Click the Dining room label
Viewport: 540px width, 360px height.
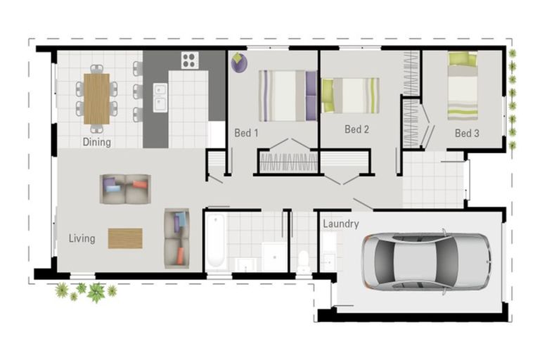[x=96, y=142]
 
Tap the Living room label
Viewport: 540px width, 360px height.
[x=82, y=238]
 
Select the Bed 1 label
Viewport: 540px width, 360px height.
[x=246, y=132]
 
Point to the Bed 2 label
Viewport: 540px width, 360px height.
[x=356, y=129]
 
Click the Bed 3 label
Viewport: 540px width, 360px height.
[x=466, y=132]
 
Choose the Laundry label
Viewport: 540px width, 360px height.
[x=341, y=224]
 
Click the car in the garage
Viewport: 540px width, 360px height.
[x=425, y=262]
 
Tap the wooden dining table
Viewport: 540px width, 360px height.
[x=96, y=98]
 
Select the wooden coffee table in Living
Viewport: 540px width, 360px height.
[x=125, y=238]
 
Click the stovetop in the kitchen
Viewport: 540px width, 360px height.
[x=190, y=60]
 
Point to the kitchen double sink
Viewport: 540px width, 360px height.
[x=160, y=98]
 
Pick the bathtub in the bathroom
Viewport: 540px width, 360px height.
[x=216, y=241]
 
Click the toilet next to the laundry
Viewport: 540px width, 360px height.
[x=304, y=259]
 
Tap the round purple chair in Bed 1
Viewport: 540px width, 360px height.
[x=239, y=63]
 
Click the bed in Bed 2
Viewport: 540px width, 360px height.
[x=350, y=96]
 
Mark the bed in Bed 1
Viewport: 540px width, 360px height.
[x=288, y=96]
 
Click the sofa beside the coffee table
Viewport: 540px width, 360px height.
[x=176, y=238]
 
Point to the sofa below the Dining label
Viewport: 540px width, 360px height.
[x=125, y=188]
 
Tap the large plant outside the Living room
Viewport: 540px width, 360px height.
[x=96, y=291]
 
